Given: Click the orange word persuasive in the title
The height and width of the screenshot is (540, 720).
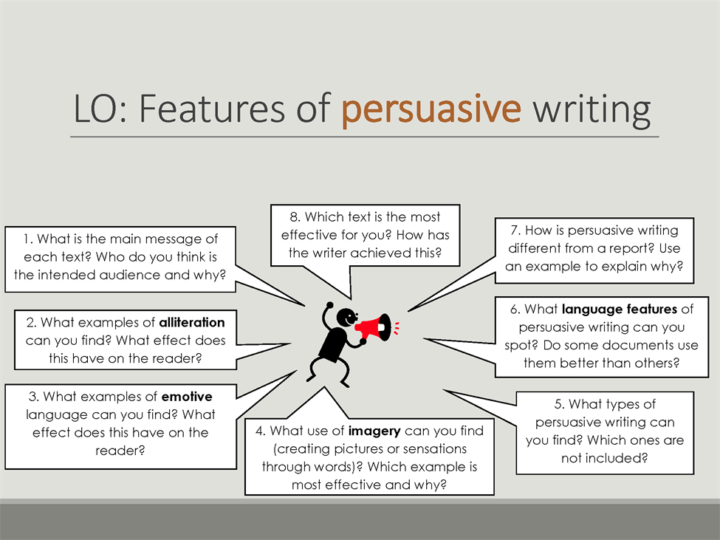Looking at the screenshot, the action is [431, 110].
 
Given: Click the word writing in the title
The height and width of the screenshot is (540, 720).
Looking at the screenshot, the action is [592, 110].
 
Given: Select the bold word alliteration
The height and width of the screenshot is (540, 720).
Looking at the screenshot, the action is [192, 322].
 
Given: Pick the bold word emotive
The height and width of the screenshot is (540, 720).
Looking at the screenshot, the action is [187, 396].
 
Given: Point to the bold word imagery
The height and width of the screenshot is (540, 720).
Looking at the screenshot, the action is [374, 431].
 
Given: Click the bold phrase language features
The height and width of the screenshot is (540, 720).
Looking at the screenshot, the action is [620, 309].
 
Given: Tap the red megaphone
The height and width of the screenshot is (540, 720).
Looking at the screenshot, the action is [374, 327].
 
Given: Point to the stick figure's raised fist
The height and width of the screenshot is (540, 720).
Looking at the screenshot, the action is [329, 304].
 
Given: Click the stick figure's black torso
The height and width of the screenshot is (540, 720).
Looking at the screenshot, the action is [333, 344].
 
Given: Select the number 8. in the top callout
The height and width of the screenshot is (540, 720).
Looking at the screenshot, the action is [295, 216].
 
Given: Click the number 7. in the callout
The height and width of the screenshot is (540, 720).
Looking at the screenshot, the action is [515, 230].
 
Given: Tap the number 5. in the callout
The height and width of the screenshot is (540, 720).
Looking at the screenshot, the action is [559, 404].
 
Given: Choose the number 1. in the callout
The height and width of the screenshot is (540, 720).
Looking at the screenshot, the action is [28, 239].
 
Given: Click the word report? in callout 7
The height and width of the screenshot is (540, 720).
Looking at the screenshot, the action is [631, 248].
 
